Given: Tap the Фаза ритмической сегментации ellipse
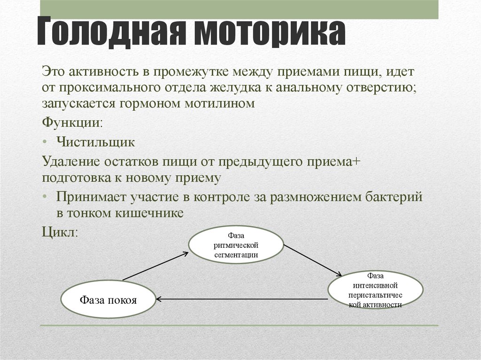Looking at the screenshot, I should click(x=236, y=245).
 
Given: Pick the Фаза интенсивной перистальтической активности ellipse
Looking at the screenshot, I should click(x=375, y=291).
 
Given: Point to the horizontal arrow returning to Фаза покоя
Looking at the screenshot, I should click(x=242, y=299).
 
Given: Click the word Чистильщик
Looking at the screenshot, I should click(x=95, y=141).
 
